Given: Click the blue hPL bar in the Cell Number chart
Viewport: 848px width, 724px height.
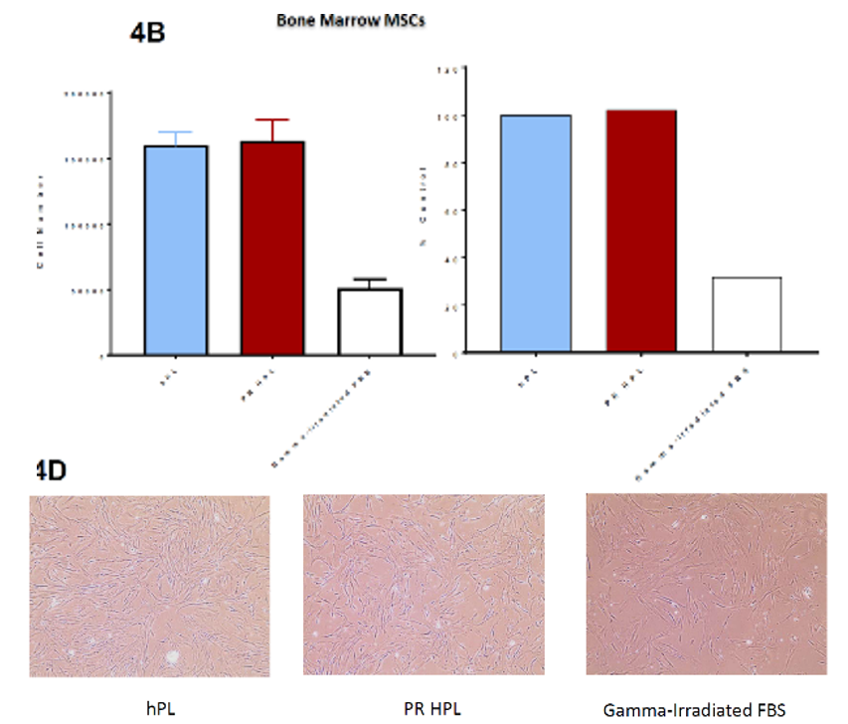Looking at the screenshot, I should (176, 250).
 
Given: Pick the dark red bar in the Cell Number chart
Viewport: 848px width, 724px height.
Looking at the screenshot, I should (271, 248).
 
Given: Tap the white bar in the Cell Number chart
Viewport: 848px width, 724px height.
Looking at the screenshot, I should (369, 321).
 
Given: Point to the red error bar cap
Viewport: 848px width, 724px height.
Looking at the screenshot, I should (271, 119).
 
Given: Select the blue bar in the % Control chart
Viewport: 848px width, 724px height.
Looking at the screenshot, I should (536, 233).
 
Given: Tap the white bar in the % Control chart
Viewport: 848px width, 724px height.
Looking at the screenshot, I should (747, 314).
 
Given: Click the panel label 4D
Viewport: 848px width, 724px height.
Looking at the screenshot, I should (51, 470).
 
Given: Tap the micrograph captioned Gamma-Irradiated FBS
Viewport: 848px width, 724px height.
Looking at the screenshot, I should (706, 584).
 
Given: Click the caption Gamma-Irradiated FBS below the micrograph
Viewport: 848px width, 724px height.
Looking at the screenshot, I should (695, 709).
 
